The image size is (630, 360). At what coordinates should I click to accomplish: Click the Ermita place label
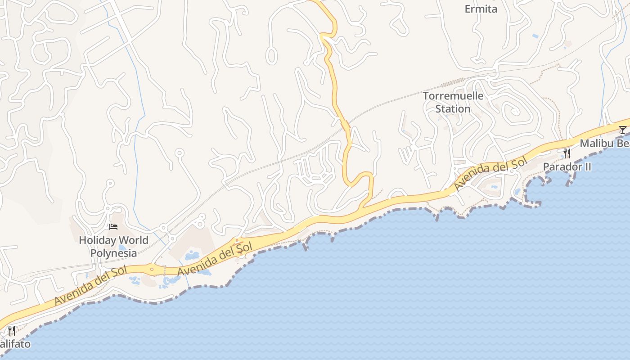click(481, 9)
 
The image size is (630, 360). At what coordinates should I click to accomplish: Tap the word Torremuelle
click(453, 96)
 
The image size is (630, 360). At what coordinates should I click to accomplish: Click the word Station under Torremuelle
click(453, 109)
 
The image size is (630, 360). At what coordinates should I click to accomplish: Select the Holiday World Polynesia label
click(113, 247)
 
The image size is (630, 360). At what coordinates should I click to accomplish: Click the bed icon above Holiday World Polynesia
click(113, 226)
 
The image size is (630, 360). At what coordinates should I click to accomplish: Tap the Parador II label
click(567, 166)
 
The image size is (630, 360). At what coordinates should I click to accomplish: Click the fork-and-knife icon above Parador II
click(567, 153)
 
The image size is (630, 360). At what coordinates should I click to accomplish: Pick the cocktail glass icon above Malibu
click(622, 130)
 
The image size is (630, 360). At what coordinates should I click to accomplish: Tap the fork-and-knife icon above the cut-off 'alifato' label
click(12, 331)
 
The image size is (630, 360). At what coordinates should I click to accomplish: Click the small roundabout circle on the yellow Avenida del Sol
click(152, 270)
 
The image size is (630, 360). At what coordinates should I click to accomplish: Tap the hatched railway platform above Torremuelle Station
click(452, 82)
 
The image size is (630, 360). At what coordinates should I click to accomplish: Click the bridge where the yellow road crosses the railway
click(346, 125)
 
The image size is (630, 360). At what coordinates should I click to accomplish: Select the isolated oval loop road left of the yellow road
click(271, 55)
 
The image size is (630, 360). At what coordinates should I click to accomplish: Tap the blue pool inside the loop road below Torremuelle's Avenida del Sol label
click(495, 186)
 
